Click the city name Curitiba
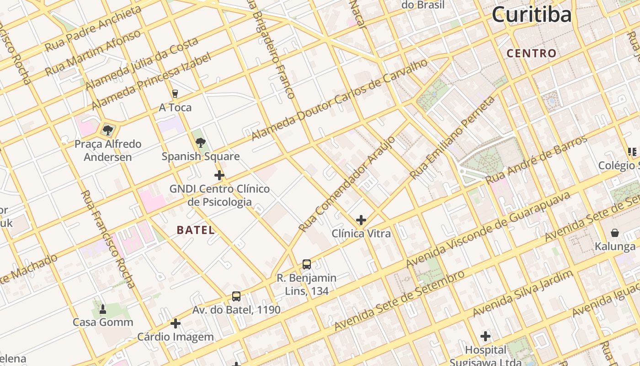click(x=531, y=15)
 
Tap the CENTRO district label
click(x=532, y=54)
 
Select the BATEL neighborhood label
click(x=196, y=230)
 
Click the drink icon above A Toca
click(x=175, y=94)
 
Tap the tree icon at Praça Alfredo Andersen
click(x=108, y=130)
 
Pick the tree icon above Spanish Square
click(x=200, y=143)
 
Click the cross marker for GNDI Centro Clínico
click(x=219, y=175)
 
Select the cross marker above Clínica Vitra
click(x=361, y=220)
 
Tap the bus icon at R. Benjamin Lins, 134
click(x=307, y=264)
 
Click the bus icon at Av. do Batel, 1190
click(x=236, y=296)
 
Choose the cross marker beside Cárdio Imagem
click(x=176, y=324)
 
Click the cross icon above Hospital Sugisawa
click(x=485, y=337)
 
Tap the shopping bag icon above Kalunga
click(x=615, y=233)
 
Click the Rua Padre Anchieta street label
click(x=93, y=29)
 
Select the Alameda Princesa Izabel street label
click(x=151, y=81)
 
